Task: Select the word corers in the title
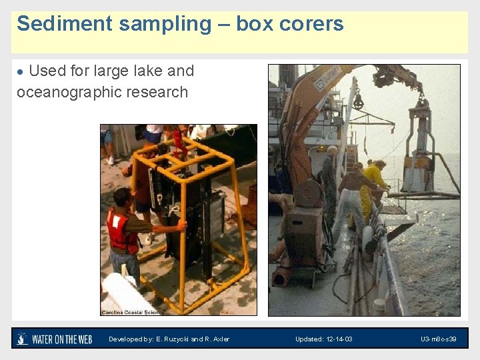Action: click(311, 24)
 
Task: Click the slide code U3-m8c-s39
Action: click(438, 339)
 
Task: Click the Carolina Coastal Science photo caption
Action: click(131, 312)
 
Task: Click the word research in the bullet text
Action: click(159, 92)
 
